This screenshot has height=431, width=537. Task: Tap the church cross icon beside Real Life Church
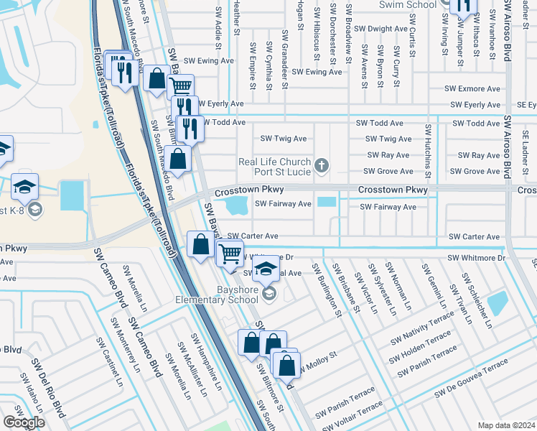[322, 167]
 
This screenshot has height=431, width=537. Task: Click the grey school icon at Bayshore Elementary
[268, 292]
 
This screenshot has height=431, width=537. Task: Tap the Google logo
[24, 422]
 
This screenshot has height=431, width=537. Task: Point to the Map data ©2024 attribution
[506, 425]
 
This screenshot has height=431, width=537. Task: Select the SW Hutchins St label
[428, 150]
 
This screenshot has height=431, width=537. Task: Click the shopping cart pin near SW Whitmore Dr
[230, 253]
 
